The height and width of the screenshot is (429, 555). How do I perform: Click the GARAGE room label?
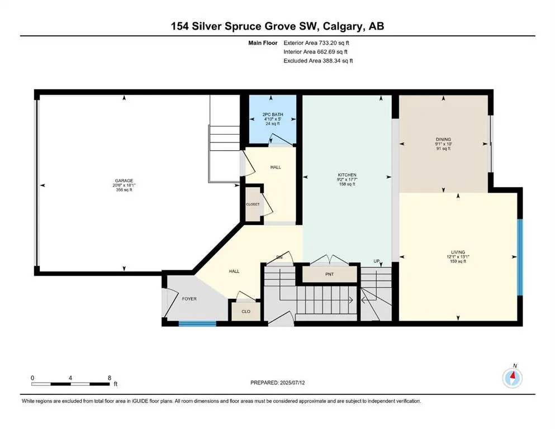(x=124, y=180)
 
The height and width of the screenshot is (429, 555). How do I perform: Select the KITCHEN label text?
(x=347, y=175)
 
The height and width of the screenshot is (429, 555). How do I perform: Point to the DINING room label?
(x=443, y=139)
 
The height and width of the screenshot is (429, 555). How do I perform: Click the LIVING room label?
(x=458, y=252)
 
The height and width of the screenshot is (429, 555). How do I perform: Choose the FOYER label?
(x=189, y=299)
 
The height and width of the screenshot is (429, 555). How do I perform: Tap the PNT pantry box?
(x=330, y=274)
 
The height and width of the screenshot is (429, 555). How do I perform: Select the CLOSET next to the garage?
(x=253, y=204)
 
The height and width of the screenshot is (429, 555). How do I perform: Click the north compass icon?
(x=512, y=378)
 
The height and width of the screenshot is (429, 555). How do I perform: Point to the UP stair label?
(x=377, y=261)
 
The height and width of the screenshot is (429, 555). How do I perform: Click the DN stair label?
(x=279, y=257)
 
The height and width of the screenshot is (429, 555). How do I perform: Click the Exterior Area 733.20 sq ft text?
(x=317, y=42)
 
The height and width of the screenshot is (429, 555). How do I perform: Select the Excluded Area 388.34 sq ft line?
(x=318, y=60)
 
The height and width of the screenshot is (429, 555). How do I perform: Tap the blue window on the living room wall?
(x=520, y=257)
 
